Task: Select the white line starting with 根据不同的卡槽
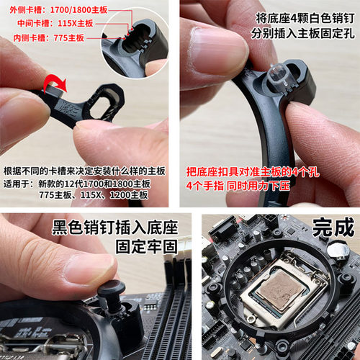pos(85,171)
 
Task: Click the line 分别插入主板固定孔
pos(302,33)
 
